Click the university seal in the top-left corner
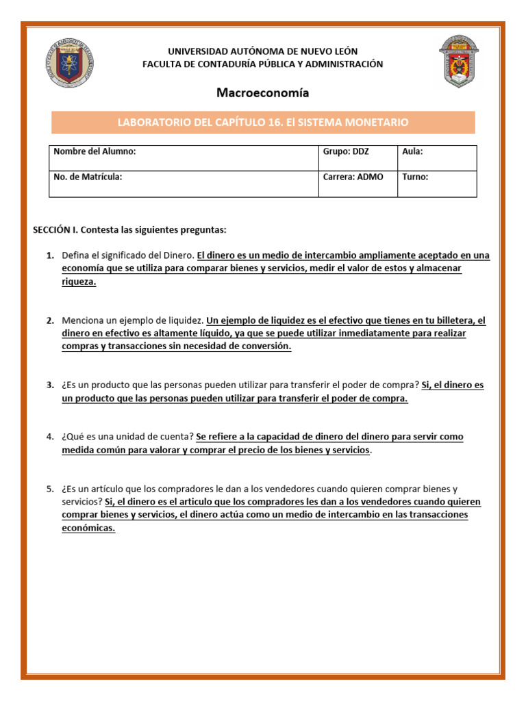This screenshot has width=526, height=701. [x=71, y=62]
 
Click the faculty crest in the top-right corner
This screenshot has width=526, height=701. [x=459, y=62]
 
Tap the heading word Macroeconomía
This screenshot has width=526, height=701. [x=263, y=92]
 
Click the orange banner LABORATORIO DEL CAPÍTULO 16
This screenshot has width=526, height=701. [x=263, y=123]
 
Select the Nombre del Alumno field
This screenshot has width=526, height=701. [x=184, y=158]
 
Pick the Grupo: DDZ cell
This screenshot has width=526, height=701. [x=357, y=158]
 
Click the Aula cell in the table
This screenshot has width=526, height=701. [x=437, y=158]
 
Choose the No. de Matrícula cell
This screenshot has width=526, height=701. [x=184, y=183]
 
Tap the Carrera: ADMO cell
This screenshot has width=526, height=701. [x=357, y=183]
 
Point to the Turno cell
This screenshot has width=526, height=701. [x=437, y=183]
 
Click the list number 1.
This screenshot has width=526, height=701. [x=50, y=255]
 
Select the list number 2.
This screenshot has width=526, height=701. [x=50, y=320]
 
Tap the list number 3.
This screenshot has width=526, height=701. [x=50, y=385]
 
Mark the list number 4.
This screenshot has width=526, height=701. [x=50, y=437]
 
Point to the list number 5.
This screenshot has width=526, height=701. [x=50, y=489]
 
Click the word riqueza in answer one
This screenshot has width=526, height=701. [x=79, y=281]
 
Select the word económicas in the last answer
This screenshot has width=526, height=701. [x=88, y=528]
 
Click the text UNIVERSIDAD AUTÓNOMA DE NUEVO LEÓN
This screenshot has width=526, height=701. [x=263, y=51]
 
